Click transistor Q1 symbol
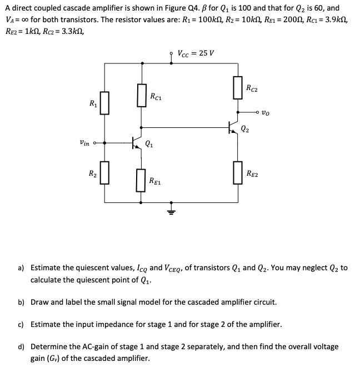[137, 143]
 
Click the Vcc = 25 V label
[196, 53]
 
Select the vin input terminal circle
[96, 143]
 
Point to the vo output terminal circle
[259, 114]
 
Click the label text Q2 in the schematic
[245, 131]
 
